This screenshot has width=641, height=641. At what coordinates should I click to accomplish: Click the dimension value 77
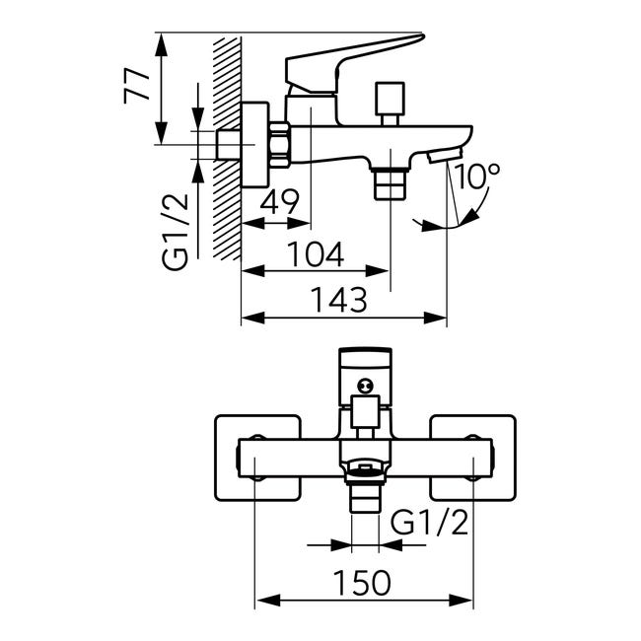coord(137,87)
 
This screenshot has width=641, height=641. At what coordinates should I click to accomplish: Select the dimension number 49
coord(280,201)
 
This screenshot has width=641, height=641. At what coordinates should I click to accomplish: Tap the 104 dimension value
coord(316,254)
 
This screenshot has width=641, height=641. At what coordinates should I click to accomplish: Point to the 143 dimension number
coord(339,300)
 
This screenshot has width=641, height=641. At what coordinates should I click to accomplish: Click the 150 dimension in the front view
coord(362,583)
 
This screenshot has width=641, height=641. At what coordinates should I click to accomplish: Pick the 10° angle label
coord(476,177)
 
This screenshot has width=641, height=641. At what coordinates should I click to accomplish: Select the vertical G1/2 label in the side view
coord(175,232)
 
